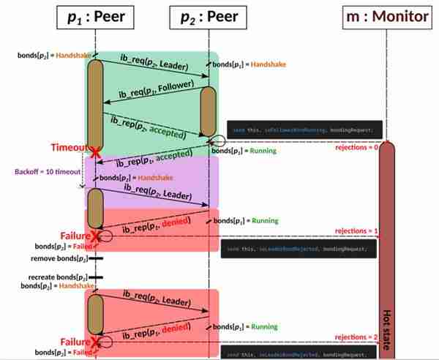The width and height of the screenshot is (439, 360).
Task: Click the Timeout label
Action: click(x=69, y=148)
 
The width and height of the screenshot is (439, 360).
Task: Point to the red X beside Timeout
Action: click(x=94, y=151)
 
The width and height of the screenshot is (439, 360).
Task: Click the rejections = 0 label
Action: click(x=356, y=147)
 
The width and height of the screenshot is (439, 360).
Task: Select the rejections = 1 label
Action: click(x=356, y=231)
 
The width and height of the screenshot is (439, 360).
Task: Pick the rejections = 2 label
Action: click(x=356, y=337)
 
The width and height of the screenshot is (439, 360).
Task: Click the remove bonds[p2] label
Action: click(x=56, y=259)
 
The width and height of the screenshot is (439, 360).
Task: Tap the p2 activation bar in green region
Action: click(x=209, y=110)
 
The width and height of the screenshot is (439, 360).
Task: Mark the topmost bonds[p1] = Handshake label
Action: click(x=252, y=64)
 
